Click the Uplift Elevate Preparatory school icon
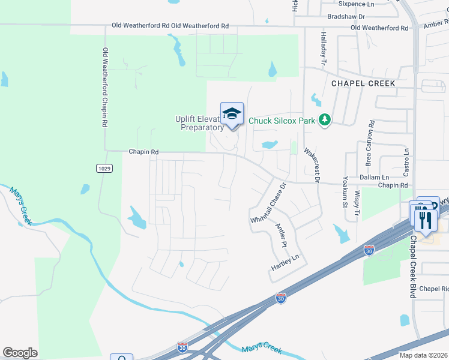[x=232, y=113]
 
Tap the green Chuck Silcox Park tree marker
[x=325, y=120]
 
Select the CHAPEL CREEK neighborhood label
[x=364, y=83]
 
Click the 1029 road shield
[x=103, y=169]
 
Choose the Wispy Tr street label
[x=357, y=202]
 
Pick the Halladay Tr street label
[x=323, y=47]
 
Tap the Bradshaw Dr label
[x=347, y=16]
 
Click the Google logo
[x=20, y=353]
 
